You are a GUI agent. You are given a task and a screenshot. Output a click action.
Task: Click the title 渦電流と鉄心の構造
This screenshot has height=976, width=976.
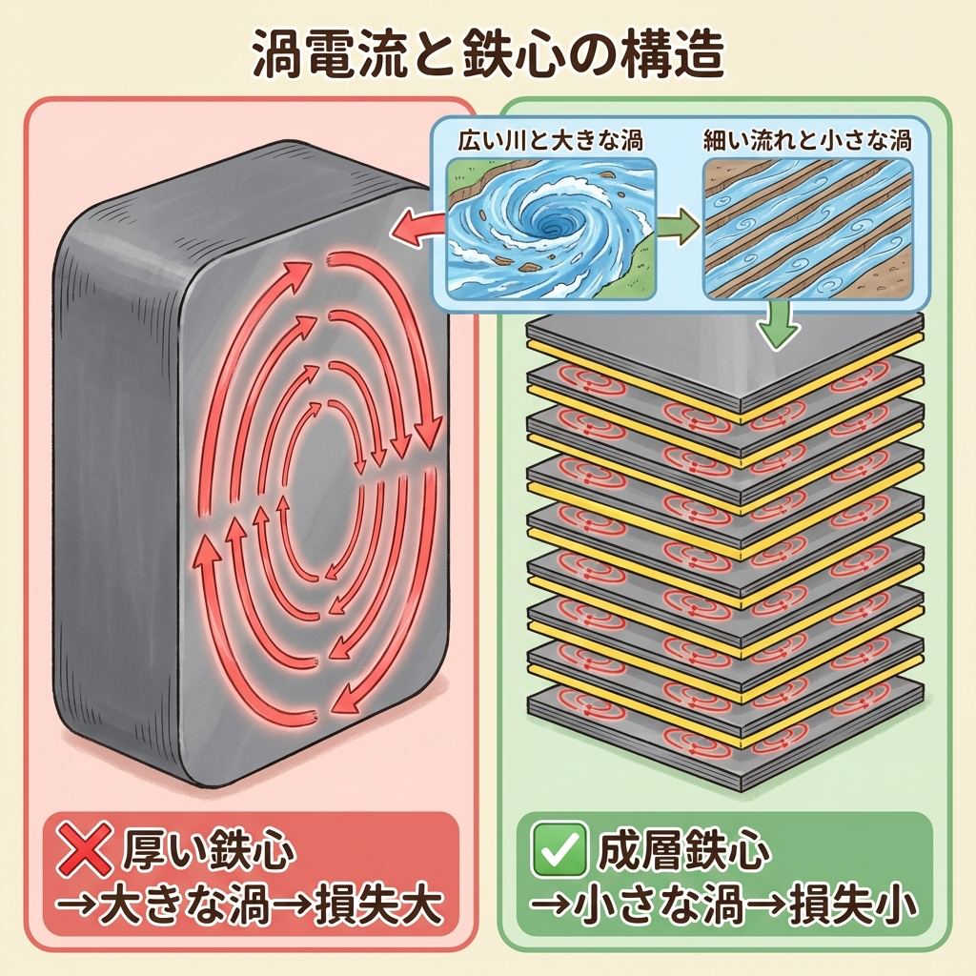[488, 55]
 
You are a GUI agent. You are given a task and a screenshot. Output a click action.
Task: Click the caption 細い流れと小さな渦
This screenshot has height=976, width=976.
[806, 142]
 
